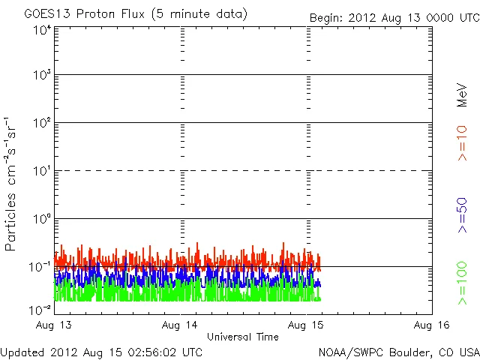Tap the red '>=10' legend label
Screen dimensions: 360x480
[462, 143]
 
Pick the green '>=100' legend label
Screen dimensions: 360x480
[462, 283]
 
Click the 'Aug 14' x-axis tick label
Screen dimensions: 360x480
[180, 325]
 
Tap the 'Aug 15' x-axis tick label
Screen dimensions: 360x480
[307, 325]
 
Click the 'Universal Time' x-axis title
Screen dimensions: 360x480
[242, 337]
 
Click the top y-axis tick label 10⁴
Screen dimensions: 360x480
[41, 31]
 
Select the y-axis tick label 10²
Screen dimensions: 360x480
[41, 124]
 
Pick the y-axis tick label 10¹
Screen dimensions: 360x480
[41, 172]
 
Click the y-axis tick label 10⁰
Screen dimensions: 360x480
[41, 220]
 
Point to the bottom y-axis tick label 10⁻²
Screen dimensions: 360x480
[40, 309]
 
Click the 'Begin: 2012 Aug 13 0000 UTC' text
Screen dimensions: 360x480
[394, 17]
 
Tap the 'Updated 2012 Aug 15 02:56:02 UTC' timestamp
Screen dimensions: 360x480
[101, 351]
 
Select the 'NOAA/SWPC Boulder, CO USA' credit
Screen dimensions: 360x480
[398, 351]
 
